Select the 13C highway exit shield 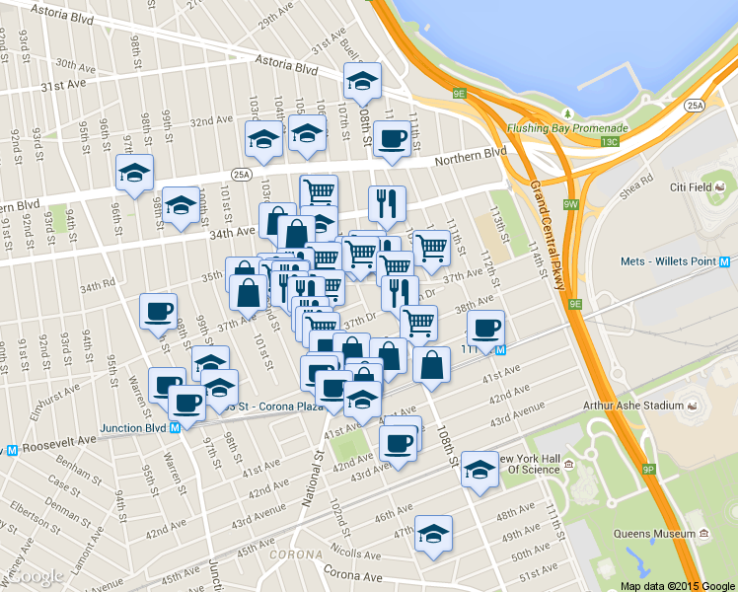pyautogui.click(x=611, y=141)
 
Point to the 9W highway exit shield pyautogui.click(x=571, y=203)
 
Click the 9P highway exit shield pyautogui.click(x=648, y=469)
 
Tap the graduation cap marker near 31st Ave pyautogui.click(x=362, y=83)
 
